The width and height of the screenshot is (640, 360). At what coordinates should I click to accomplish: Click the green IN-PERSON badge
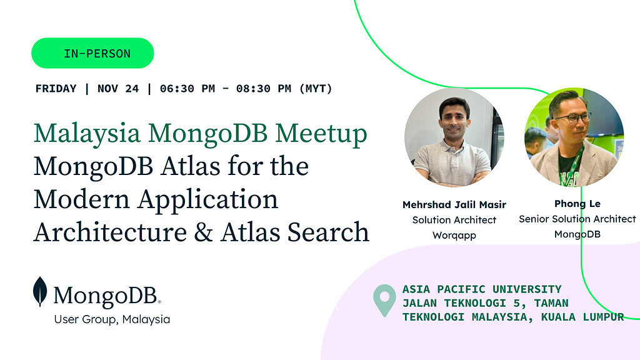[x=92, y=53]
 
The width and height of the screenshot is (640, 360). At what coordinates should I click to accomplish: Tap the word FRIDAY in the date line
[x=56, y=89]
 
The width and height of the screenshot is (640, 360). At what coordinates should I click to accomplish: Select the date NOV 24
[x=118, y=89]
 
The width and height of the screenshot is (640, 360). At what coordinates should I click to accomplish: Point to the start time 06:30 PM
[x=187, y=89]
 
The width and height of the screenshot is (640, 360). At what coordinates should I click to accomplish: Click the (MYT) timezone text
[x=315, y=89]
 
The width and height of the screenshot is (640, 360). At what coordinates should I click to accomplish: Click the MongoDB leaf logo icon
[x=41, y=292]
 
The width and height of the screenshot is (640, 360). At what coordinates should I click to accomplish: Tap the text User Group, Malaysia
[x=112, y=319]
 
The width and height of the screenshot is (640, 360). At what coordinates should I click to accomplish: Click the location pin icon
[x=384, y=301]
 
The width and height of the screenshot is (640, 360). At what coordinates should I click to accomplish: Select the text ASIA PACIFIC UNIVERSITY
[x=482, y=289]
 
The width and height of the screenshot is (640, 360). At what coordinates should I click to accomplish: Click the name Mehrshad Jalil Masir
[x=454, y=204]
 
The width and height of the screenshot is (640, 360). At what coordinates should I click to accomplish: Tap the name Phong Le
[x=577, y=204]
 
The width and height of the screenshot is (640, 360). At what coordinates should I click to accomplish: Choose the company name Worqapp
[x=454, y=236]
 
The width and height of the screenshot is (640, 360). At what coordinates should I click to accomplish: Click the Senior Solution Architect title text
[x=577, y=219]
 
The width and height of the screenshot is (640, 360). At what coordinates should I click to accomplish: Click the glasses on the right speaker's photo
[x=574, y=117]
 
